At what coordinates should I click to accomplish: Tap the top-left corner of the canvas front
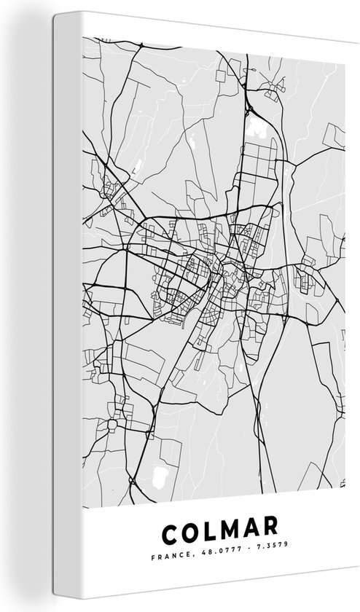82,32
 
